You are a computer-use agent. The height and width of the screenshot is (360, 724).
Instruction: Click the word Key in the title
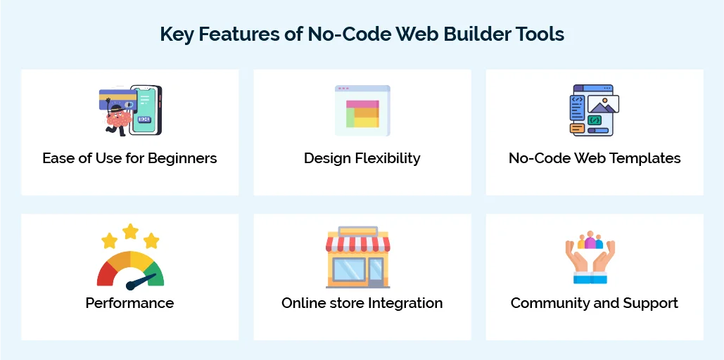point(177,34)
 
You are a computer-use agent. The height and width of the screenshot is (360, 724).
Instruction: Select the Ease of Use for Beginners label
point(129,158)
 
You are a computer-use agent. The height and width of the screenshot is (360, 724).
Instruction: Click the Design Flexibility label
point(362,158)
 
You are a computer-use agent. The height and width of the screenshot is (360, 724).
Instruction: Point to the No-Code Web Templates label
point(595,158)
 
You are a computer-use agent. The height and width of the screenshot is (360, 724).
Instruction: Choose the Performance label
point(129,303)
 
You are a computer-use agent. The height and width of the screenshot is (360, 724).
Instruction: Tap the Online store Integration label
point(362,303)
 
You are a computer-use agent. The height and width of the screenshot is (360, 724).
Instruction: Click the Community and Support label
point(595,303)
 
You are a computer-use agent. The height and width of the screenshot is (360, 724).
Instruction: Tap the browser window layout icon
point(362,110)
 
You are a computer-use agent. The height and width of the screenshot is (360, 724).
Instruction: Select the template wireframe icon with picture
point(594,110)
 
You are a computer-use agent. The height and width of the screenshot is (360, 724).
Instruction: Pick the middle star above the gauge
point(130,231)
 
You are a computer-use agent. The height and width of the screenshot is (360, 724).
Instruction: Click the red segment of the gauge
point(106,274)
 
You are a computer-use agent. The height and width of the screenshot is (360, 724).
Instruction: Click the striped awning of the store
point(357,244)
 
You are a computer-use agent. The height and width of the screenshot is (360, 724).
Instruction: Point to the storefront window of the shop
point(350,271)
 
